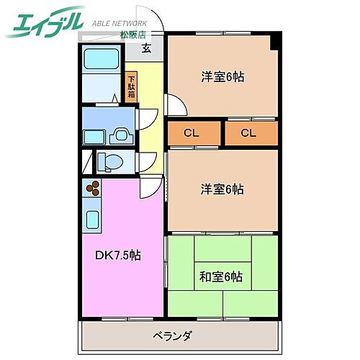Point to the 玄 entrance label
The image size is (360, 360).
[146, 49]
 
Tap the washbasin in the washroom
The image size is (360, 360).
[121, 134]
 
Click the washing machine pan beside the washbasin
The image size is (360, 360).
[95, 135]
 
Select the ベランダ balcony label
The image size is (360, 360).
[172, 335]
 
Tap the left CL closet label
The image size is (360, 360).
[191, 132]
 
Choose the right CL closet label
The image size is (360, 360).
[248, 132]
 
